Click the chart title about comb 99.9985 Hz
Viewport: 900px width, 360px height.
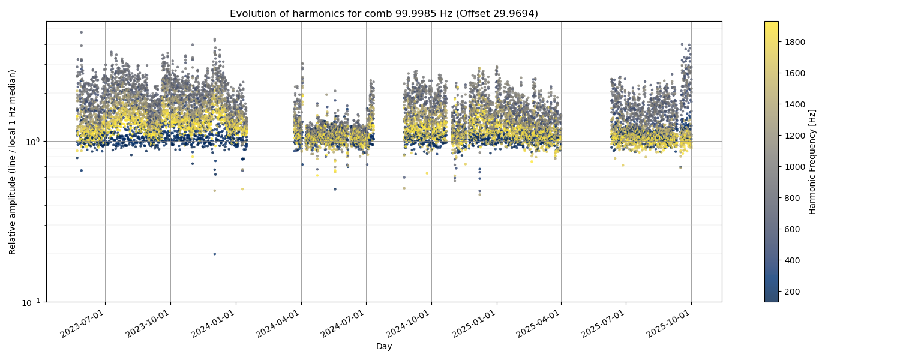tap(383, 13)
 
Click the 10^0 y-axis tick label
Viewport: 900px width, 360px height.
tap(32, 142)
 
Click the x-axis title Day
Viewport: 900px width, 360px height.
tap(383, 347)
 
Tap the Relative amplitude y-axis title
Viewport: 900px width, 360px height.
tap(13, 161)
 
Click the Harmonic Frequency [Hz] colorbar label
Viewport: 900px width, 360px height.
tap(812, 161)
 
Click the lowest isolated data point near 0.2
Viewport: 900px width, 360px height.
tap(214, 254)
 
